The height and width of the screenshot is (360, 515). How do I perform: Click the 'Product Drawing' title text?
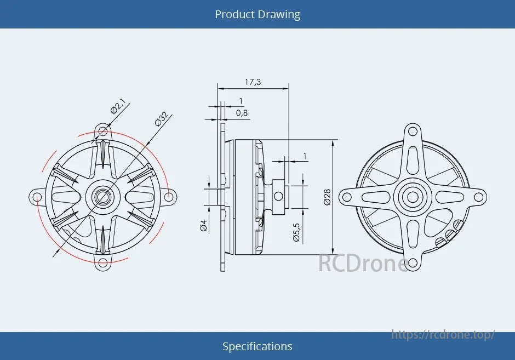pos(257,14)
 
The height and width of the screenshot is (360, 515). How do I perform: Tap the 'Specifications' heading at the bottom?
pos(257,346)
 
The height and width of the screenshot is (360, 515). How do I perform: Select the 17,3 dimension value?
pos(253,82)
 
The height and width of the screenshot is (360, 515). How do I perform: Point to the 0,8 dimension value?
pos(242,113)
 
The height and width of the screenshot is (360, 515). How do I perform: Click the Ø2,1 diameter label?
pos(118,105)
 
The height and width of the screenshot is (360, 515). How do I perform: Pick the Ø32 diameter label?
pos(161,119)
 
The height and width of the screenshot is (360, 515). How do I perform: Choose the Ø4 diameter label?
pos(204,225)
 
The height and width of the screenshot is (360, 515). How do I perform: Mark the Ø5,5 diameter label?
pos(296,232)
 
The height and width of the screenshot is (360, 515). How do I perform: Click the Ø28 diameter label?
pos(327,197)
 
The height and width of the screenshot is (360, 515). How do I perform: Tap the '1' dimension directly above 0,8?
pos(241,101)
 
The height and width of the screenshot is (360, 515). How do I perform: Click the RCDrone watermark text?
pos(363,264)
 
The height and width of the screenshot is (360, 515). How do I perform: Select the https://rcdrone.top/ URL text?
pos(443,334)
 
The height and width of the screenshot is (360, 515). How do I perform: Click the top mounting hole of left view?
pos(102,130)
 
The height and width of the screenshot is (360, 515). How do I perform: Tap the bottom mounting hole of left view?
pos(102,265)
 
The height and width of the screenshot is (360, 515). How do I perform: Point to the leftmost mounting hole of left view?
pos(36,197)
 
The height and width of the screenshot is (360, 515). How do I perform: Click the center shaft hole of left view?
pos(102,196)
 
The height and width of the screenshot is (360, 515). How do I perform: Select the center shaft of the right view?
pos(413,197)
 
